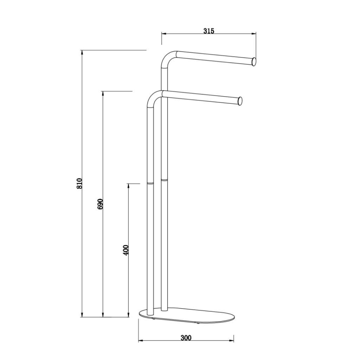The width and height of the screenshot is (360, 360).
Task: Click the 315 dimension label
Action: tap(208, 31)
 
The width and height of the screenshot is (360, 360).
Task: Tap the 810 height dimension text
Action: tap(79, 183)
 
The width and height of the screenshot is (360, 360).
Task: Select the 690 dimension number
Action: tap(100, 204)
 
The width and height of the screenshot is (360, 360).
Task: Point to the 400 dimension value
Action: tap(126, 250)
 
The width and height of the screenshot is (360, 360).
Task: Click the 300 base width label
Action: tap(186, 338)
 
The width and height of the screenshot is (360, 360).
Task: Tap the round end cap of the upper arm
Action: tap(254, 62)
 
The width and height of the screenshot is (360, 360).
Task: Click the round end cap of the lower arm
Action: tap(240, 101)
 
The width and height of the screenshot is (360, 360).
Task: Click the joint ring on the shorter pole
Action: tap(150, 184)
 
